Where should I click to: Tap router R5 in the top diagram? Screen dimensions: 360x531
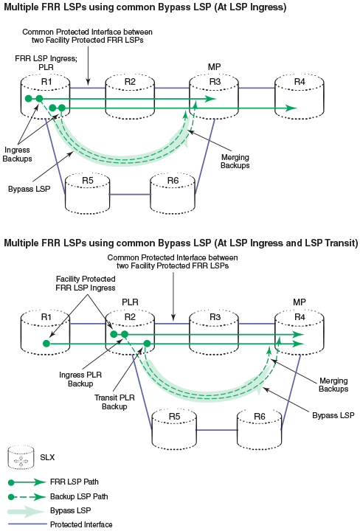(87, 194)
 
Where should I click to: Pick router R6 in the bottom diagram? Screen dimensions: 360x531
(260, 429)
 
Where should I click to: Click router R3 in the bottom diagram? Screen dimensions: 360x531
(215, 333)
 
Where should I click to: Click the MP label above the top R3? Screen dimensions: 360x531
(215, 67)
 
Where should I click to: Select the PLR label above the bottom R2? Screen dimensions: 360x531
(130, 302)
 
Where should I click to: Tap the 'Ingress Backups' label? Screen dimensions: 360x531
(17, 154)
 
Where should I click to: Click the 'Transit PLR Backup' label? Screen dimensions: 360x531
(114, 402)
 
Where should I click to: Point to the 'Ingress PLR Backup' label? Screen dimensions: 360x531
(80, 379)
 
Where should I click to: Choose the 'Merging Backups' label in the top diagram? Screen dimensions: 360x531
(235, 162)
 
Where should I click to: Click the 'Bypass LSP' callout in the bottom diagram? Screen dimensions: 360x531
(333, 415)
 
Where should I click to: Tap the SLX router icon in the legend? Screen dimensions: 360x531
(21, 458)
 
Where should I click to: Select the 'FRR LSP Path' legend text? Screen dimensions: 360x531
(75, 482)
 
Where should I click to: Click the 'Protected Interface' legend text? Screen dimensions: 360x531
(81, 524)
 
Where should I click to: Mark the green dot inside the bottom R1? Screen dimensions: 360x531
(46, 344)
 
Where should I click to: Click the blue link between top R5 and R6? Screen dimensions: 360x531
(130, 195)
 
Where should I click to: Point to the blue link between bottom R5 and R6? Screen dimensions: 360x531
(217, 430)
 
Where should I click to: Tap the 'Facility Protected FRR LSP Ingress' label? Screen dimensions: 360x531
(86, 283)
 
